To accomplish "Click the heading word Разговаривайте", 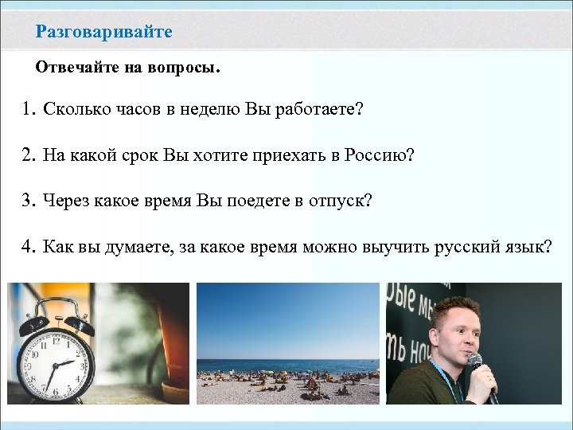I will (x=103, y=32).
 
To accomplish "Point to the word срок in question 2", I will (x=141, y=154).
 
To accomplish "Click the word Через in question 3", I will (x=66, y=200).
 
